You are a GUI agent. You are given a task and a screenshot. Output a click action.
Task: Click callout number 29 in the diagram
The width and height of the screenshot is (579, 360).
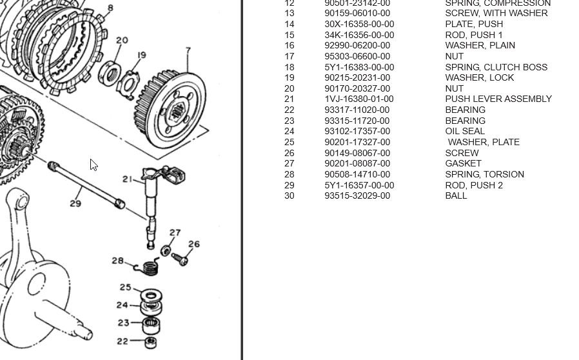pos(75,204)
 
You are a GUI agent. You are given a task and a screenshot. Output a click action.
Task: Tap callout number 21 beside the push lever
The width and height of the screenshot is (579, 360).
pos(128,179)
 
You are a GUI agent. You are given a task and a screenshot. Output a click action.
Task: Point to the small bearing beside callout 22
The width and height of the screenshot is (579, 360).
pos(151,341)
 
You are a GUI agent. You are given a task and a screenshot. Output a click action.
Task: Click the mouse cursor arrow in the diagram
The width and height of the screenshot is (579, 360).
pos(93,165)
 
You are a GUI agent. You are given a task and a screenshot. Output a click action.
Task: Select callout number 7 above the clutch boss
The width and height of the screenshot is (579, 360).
pos(188,50)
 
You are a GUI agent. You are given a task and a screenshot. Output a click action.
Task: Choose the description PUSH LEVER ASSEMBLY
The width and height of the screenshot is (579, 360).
pos(498,99)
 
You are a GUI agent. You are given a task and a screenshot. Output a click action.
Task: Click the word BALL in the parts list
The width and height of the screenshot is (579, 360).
pos(456,195)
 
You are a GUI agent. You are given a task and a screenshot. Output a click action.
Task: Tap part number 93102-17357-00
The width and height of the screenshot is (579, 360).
pos(357,131)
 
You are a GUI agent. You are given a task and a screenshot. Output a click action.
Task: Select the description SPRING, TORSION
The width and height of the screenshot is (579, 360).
pos(484,174)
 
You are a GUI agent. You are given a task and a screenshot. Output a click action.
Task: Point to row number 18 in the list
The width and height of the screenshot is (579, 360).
pos(289,66)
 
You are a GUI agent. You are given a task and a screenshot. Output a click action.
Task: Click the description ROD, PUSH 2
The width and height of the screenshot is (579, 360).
pos(474,185)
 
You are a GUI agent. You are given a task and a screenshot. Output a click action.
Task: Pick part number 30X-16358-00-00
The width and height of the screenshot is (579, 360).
pos(359,24)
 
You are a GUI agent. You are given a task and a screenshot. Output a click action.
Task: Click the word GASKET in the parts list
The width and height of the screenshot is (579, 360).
pos(463,163)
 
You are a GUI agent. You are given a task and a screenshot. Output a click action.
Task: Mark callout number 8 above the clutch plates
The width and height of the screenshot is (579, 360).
pos(110,8)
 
